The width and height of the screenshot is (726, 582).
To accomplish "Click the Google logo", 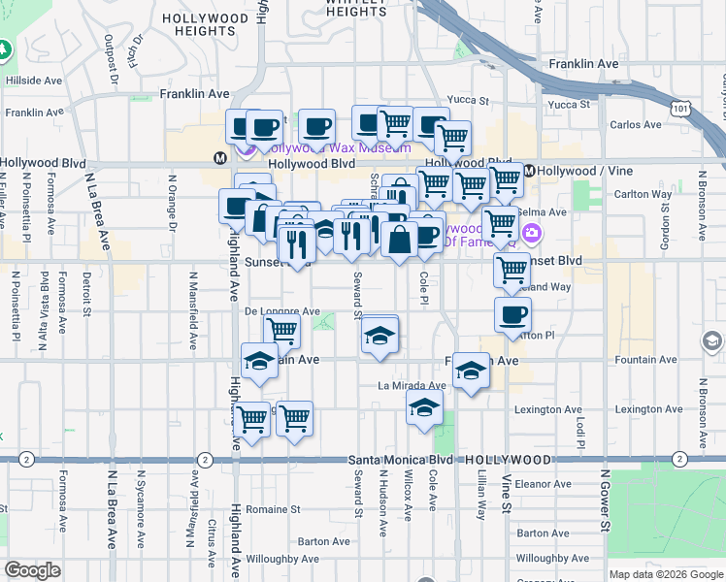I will coord(33,571).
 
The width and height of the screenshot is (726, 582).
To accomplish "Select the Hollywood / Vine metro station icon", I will coord(530,171).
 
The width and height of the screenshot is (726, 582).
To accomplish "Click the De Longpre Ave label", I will coord(281,311).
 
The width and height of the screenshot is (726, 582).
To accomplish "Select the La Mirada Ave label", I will coord(411,385).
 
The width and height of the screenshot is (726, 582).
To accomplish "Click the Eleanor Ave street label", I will coord(544,483).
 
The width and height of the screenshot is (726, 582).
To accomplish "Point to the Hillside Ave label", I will coord(36,81).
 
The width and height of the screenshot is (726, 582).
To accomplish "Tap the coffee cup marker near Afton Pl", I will coord(512,313).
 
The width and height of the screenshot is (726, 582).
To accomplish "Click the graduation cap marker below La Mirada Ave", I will coord(424,408).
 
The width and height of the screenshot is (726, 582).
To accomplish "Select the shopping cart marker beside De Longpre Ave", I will coord(281,331).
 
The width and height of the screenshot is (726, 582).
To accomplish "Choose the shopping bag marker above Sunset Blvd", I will coord(399,238).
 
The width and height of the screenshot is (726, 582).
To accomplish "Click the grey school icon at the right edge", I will coord(712,340).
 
